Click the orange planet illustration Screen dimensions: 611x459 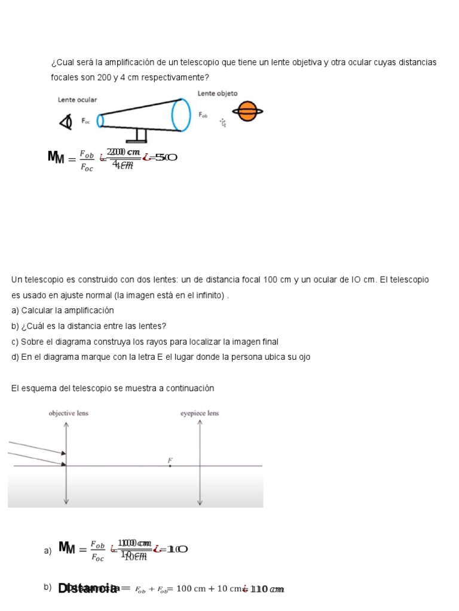(x=247, y=110)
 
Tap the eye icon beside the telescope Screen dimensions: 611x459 (x=65, y=121)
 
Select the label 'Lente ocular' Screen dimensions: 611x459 (x=77, y=100)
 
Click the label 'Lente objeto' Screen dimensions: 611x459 (x=217, y=94)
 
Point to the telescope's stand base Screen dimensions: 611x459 (x=137, y=141)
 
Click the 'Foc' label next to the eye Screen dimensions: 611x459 (x=85, y=121)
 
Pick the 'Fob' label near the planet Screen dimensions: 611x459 (x=203, y=115)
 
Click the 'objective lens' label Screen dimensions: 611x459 (x=68, y=413)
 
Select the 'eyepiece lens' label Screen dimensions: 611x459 (x=200, y=413)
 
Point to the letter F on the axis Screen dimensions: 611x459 (x=170, y=460)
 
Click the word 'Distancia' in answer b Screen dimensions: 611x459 (x=88, y=589)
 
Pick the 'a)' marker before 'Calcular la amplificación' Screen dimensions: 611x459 (x=15, y=310)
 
